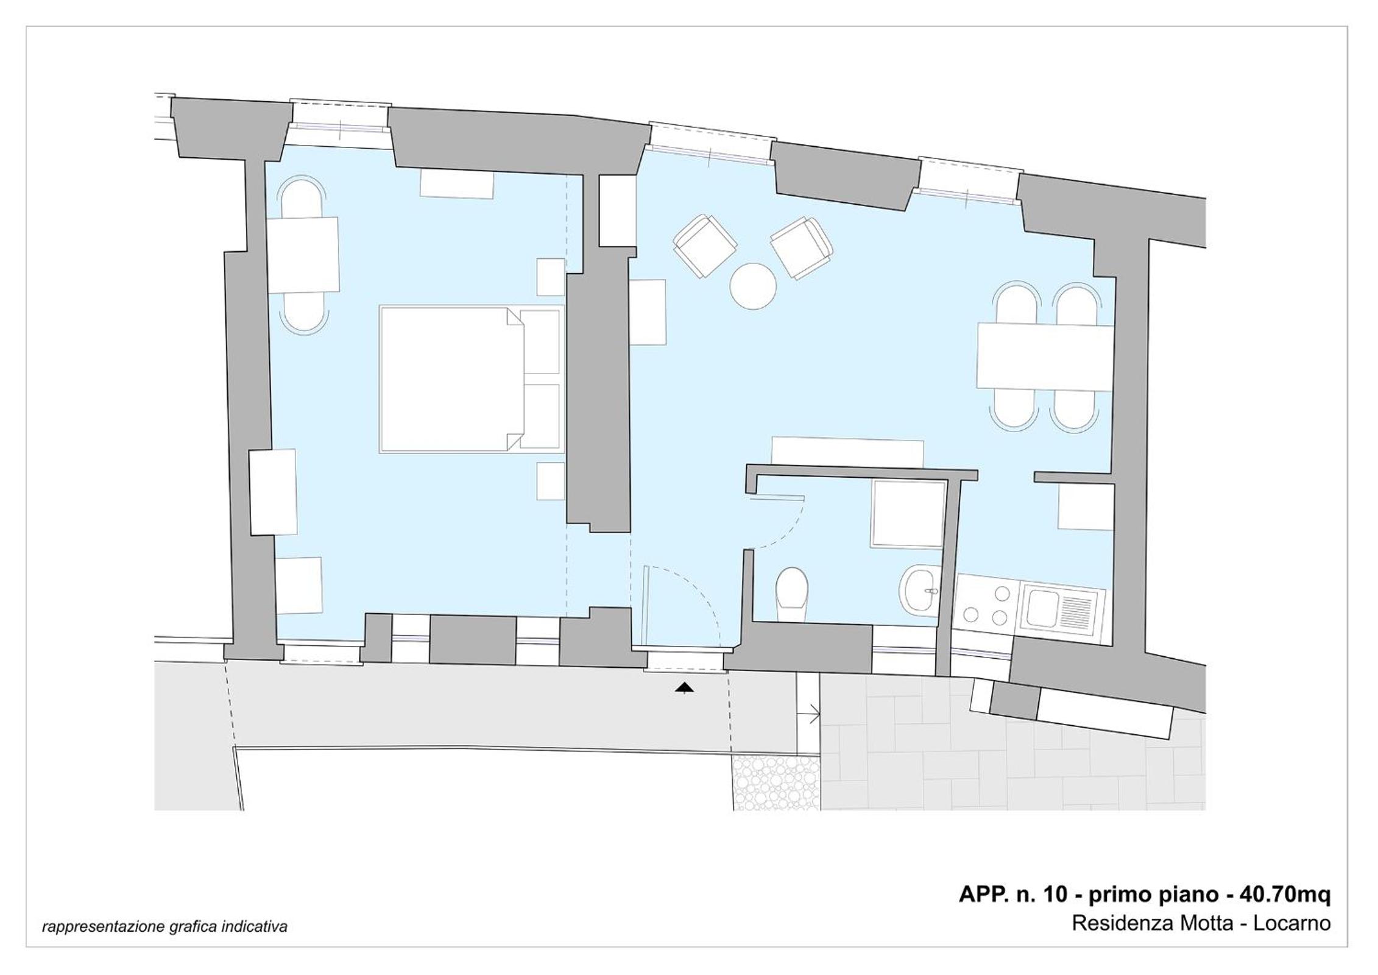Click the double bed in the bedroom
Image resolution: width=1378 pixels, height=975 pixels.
coord(472,379)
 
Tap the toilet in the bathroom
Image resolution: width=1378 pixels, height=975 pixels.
coord(792,595)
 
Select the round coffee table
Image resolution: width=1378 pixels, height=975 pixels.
coord(753,286)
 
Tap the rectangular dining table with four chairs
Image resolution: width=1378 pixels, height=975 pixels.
coord(1045,356)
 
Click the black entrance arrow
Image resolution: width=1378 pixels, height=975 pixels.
coord(685,689)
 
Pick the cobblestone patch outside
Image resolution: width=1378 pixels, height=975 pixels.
coord(776,783)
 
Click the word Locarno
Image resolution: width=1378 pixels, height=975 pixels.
coord(1291,923)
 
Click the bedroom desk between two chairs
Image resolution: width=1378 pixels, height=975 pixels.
coord(303,255)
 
